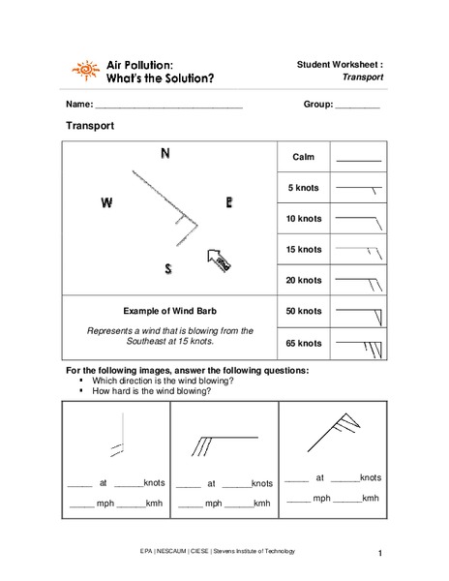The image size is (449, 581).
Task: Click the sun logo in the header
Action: coord(85,71)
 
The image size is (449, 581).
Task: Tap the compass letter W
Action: coord(106,203)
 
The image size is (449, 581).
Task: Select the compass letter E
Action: coord(229,202)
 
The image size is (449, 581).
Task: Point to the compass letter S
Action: coord(168,269)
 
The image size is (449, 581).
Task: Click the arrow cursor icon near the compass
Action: coord(218,259)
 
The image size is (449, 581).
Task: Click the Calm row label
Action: coord(303,157)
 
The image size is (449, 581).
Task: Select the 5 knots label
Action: coord(303,187)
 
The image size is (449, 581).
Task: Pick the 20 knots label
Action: coord(303,280)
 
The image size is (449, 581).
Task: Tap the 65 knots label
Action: coord(303,343)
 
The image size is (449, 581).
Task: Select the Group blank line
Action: coord(357,105)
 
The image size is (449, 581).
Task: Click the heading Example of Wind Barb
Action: coord(169,311)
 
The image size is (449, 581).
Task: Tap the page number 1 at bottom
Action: coord(381,554)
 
